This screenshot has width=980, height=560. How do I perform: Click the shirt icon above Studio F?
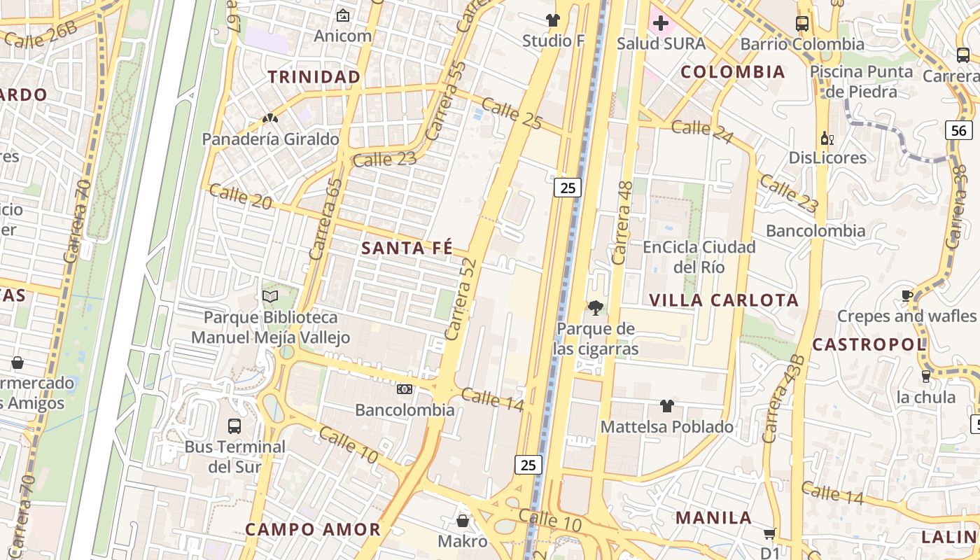coord(553,20)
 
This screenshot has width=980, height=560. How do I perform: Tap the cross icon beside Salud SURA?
coord(660,24)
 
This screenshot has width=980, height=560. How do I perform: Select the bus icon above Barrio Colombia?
coord(802,24)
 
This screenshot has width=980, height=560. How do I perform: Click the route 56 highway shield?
coord(959,129)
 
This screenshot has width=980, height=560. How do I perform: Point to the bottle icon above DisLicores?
coord(827,138)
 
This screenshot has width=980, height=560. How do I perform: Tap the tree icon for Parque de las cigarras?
coord(596,307)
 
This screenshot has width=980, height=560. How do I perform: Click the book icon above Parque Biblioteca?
coord(270,297)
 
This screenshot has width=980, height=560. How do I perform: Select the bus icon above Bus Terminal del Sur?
coord(234,426)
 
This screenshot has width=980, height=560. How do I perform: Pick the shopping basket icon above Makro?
coord(462,521)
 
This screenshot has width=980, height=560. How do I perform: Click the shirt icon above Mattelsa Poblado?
coord(666,406)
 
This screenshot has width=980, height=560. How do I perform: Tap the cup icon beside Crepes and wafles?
coord(907,295)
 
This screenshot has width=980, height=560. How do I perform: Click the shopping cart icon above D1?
coord(769,534)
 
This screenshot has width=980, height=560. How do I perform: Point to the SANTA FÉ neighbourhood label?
coord(407,248)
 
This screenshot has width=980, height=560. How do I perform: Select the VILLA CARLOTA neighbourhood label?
coord(724,300)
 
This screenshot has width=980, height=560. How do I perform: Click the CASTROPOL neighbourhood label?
coord(869,344)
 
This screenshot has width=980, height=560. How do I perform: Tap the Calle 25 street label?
coord(512,114)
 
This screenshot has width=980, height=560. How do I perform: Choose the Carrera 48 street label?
coord(622,223)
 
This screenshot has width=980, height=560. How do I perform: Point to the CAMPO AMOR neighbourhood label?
coord(312,529)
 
